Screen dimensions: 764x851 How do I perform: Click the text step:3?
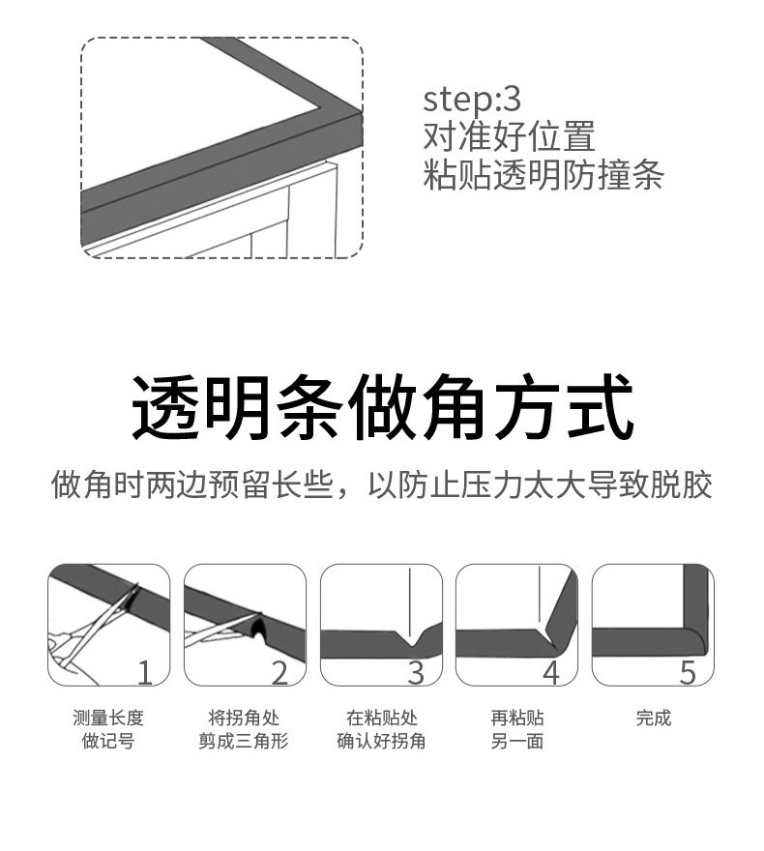pos(472,100)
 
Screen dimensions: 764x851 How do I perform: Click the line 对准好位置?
pos(509,136)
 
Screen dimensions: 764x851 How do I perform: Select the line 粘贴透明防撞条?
pos(544,175)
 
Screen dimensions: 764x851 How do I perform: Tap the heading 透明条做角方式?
pos(382,410)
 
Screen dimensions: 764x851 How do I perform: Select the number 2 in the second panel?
pos(280,671)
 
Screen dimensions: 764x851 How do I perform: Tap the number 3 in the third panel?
pos(416,671)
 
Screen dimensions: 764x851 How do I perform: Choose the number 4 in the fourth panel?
pos(551,671)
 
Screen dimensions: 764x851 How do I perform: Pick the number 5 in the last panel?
pos(688,671)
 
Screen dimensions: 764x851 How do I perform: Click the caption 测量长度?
pos(108,718)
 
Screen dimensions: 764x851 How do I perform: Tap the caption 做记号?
pos(108,742)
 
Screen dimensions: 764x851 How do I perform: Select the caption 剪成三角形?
pos(244,742)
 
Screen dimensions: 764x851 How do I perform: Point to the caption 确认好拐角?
pos(381,742)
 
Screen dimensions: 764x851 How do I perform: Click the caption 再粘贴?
pos(516,718)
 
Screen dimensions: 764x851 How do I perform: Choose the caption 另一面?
pos(516,742)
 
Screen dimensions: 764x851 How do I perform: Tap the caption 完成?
pos(653,718)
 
